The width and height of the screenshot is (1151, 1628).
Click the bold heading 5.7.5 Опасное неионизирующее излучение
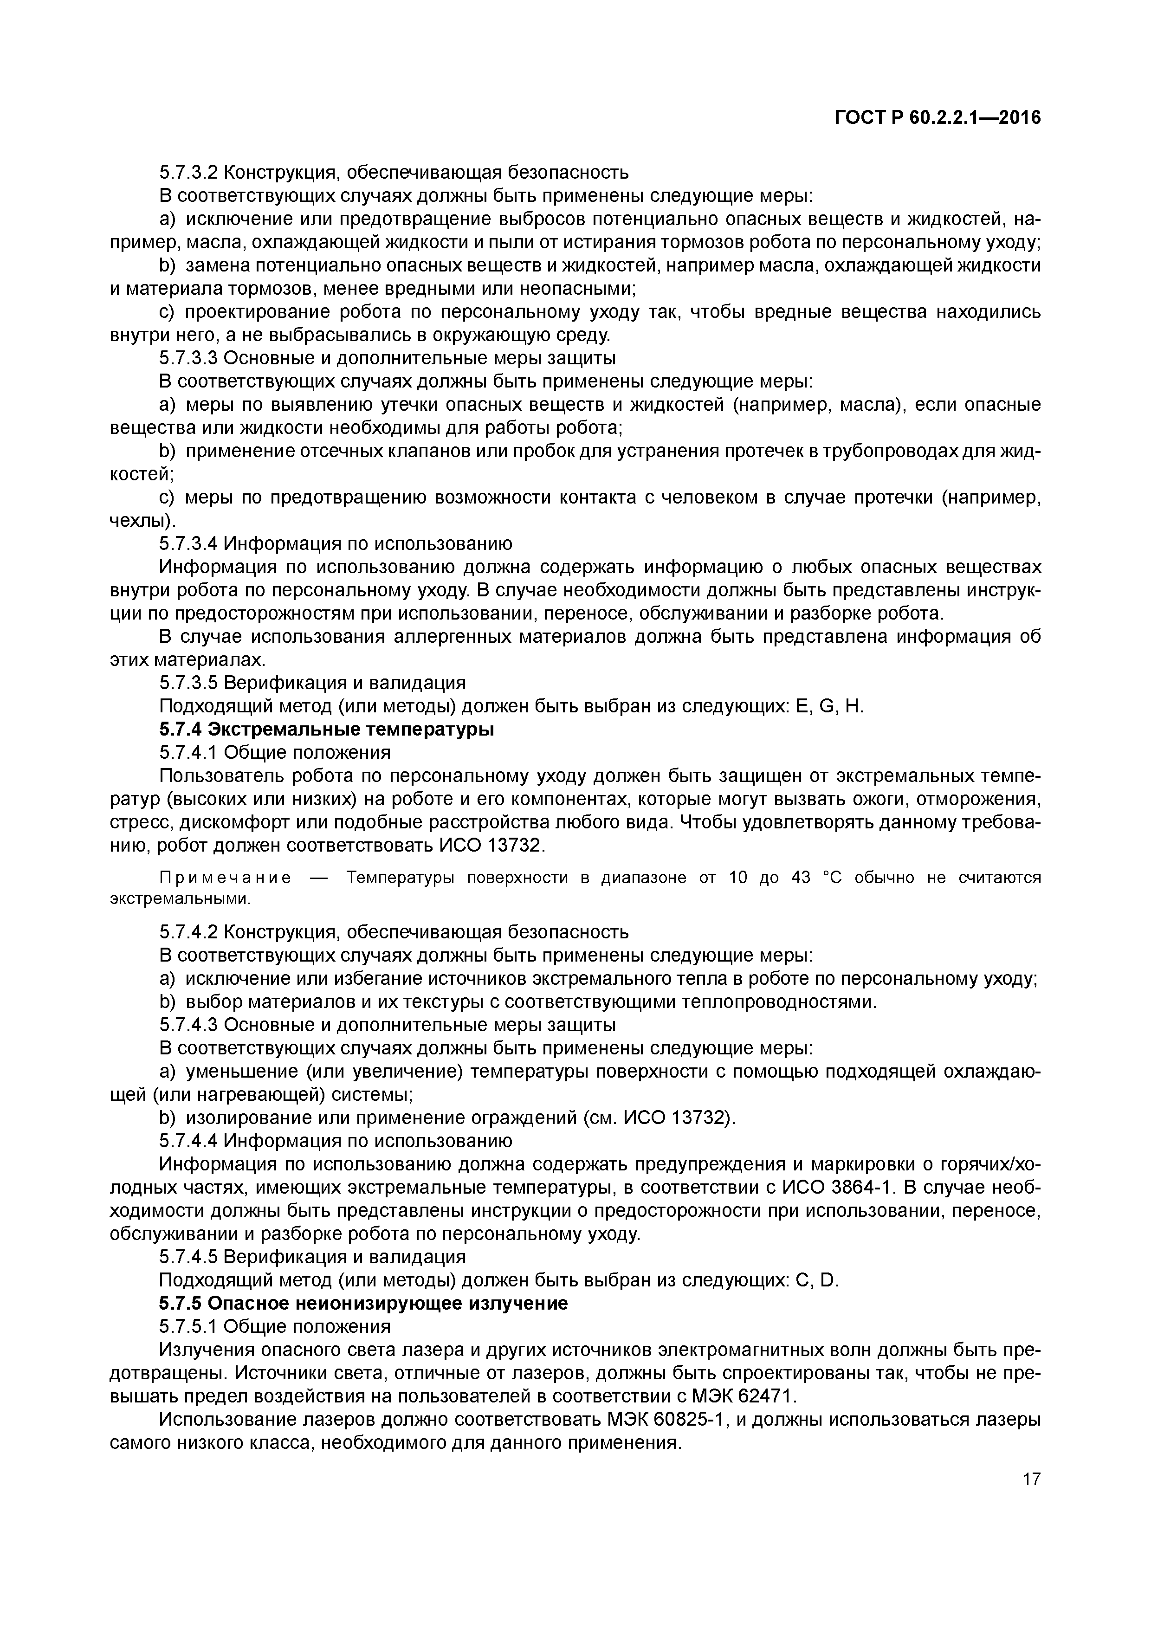(x=363, y=1303)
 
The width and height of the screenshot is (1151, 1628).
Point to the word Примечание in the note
(x=225, y=878)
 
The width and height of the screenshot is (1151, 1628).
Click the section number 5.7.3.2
(x=188, y=172)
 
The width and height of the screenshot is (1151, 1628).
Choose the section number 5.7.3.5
(x=188, y=683)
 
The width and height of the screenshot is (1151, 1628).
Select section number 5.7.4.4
(x=188, y=1141)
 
